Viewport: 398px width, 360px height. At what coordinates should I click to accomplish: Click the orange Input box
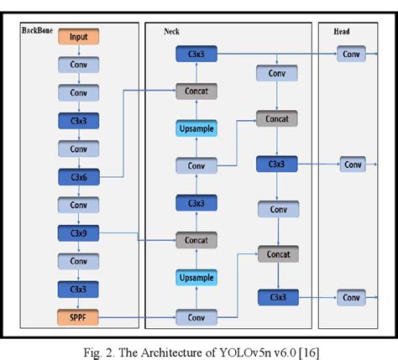(78, 38)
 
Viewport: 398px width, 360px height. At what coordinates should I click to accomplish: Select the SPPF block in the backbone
(78, 318)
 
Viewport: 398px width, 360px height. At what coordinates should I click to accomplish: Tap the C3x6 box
(78, 176)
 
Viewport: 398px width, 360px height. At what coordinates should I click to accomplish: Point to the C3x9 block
(78, 232)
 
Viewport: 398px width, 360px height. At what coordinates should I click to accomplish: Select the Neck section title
(172, 31)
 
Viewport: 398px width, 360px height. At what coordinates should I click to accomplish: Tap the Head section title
(342, 31)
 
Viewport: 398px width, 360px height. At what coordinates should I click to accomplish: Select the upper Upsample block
(196, 128)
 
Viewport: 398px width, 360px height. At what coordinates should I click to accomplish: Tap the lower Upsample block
(196, 278)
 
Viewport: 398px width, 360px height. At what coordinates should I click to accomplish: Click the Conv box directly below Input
(78, 65)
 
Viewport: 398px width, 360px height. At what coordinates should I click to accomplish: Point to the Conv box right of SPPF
(196, 318)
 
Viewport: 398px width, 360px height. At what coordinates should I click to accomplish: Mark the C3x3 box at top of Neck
(196, 54)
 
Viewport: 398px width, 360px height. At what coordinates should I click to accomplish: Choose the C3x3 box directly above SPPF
(78, 290)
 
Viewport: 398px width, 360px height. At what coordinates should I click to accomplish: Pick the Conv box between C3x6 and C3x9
(78, 205)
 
